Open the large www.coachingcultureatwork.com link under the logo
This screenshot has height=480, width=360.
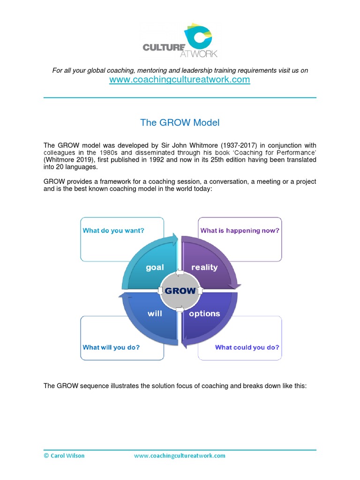click(x=180, y=80)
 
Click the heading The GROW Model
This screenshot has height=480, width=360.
click(x=180, y=123)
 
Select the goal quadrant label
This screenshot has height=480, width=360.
click(x=155, y=267)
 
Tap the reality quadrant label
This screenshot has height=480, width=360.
click(x=204, y=267)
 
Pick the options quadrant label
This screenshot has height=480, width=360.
click(x=204, y=314)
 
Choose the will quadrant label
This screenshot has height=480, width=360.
click(x=155, y=314)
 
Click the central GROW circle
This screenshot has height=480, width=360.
click(x=180, y=291)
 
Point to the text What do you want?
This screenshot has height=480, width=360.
click(x=113, y=231)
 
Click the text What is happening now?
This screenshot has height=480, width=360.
click(x=240, y=231)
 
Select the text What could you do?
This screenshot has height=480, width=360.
click(x=247, y=347)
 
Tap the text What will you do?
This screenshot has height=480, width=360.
click(x=111, y=347)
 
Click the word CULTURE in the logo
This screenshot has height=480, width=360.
click(x=160, y=47)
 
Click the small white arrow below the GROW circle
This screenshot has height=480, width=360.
click(x=180, y=308)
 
